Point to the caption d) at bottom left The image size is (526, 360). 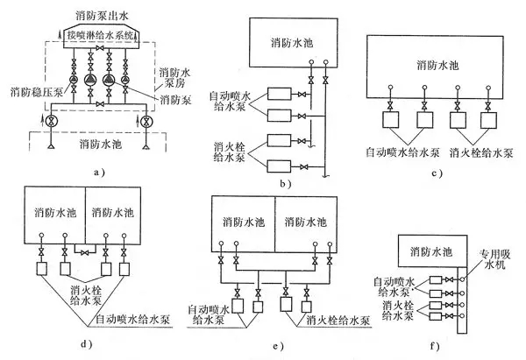click(x=85, y=344)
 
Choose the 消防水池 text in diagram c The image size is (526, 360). click(x=437, y=64)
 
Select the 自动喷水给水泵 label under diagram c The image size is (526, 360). click(x=402, y=152)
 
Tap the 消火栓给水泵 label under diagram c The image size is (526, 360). click(x=480, y=152)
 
